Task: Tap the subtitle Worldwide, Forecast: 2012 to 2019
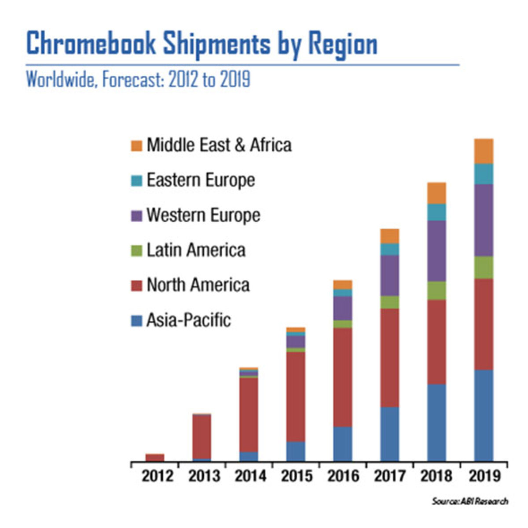click(138, 80)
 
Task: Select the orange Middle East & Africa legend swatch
click(137, 146)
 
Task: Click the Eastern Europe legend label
click(201, 180)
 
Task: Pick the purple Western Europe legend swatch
click(137, 216)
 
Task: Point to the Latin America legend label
click(196, 250)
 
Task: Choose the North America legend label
click(198, 285)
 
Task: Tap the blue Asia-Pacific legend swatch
click(137, 320)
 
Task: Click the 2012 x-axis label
click(158, 476)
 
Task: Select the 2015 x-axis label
click(297, 476)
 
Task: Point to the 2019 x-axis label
click(484, 476)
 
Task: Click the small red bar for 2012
click(155, 458)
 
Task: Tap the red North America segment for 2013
click(202, 436)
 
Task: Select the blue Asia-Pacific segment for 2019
click(484, 415)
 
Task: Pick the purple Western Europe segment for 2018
click(436, 251)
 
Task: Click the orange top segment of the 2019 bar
click(484, 151)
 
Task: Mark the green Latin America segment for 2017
click(390, 302)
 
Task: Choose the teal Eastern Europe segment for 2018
click(436, 212)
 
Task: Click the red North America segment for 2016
click(343, 377)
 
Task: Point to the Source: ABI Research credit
click(470, 501)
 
